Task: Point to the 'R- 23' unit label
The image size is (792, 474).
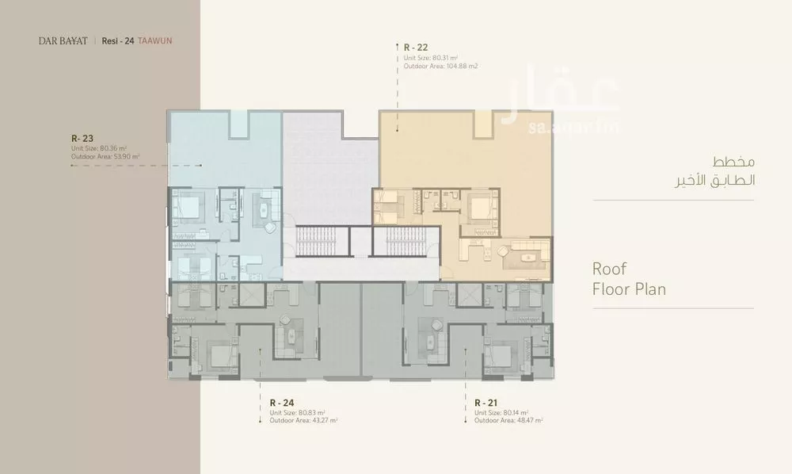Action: click(x=82, y=137)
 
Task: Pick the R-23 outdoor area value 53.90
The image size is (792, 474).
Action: click(x=126, y=157)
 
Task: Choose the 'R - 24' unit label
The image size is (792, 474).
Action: click(x=284, y=403)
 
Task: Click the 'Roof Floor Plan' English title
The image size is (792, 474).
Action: click(x=629, y=279)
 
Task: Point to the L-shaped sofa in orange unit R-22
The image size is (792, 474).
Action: click(x=526, y=252)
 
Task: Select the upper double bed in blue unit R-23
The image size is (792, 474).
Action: click(x=191, y=208)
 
